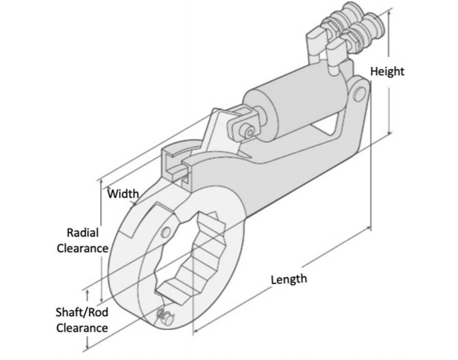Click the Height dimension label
tap(387, 72)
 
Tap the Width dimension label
tap(123, 194)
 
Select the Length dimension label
tap(289, 279)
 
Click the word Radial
tap(83, 233)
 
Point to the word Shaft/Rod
tap(82, 312)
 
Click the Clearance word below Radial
tap(83, 248)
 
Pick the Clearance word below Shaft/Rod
tap(82, 328)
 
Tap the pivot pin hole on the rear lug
tap(359, 94)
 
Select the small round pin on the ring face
tap(166, 232)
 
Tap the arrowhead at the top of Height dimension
tap(389, 11)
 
